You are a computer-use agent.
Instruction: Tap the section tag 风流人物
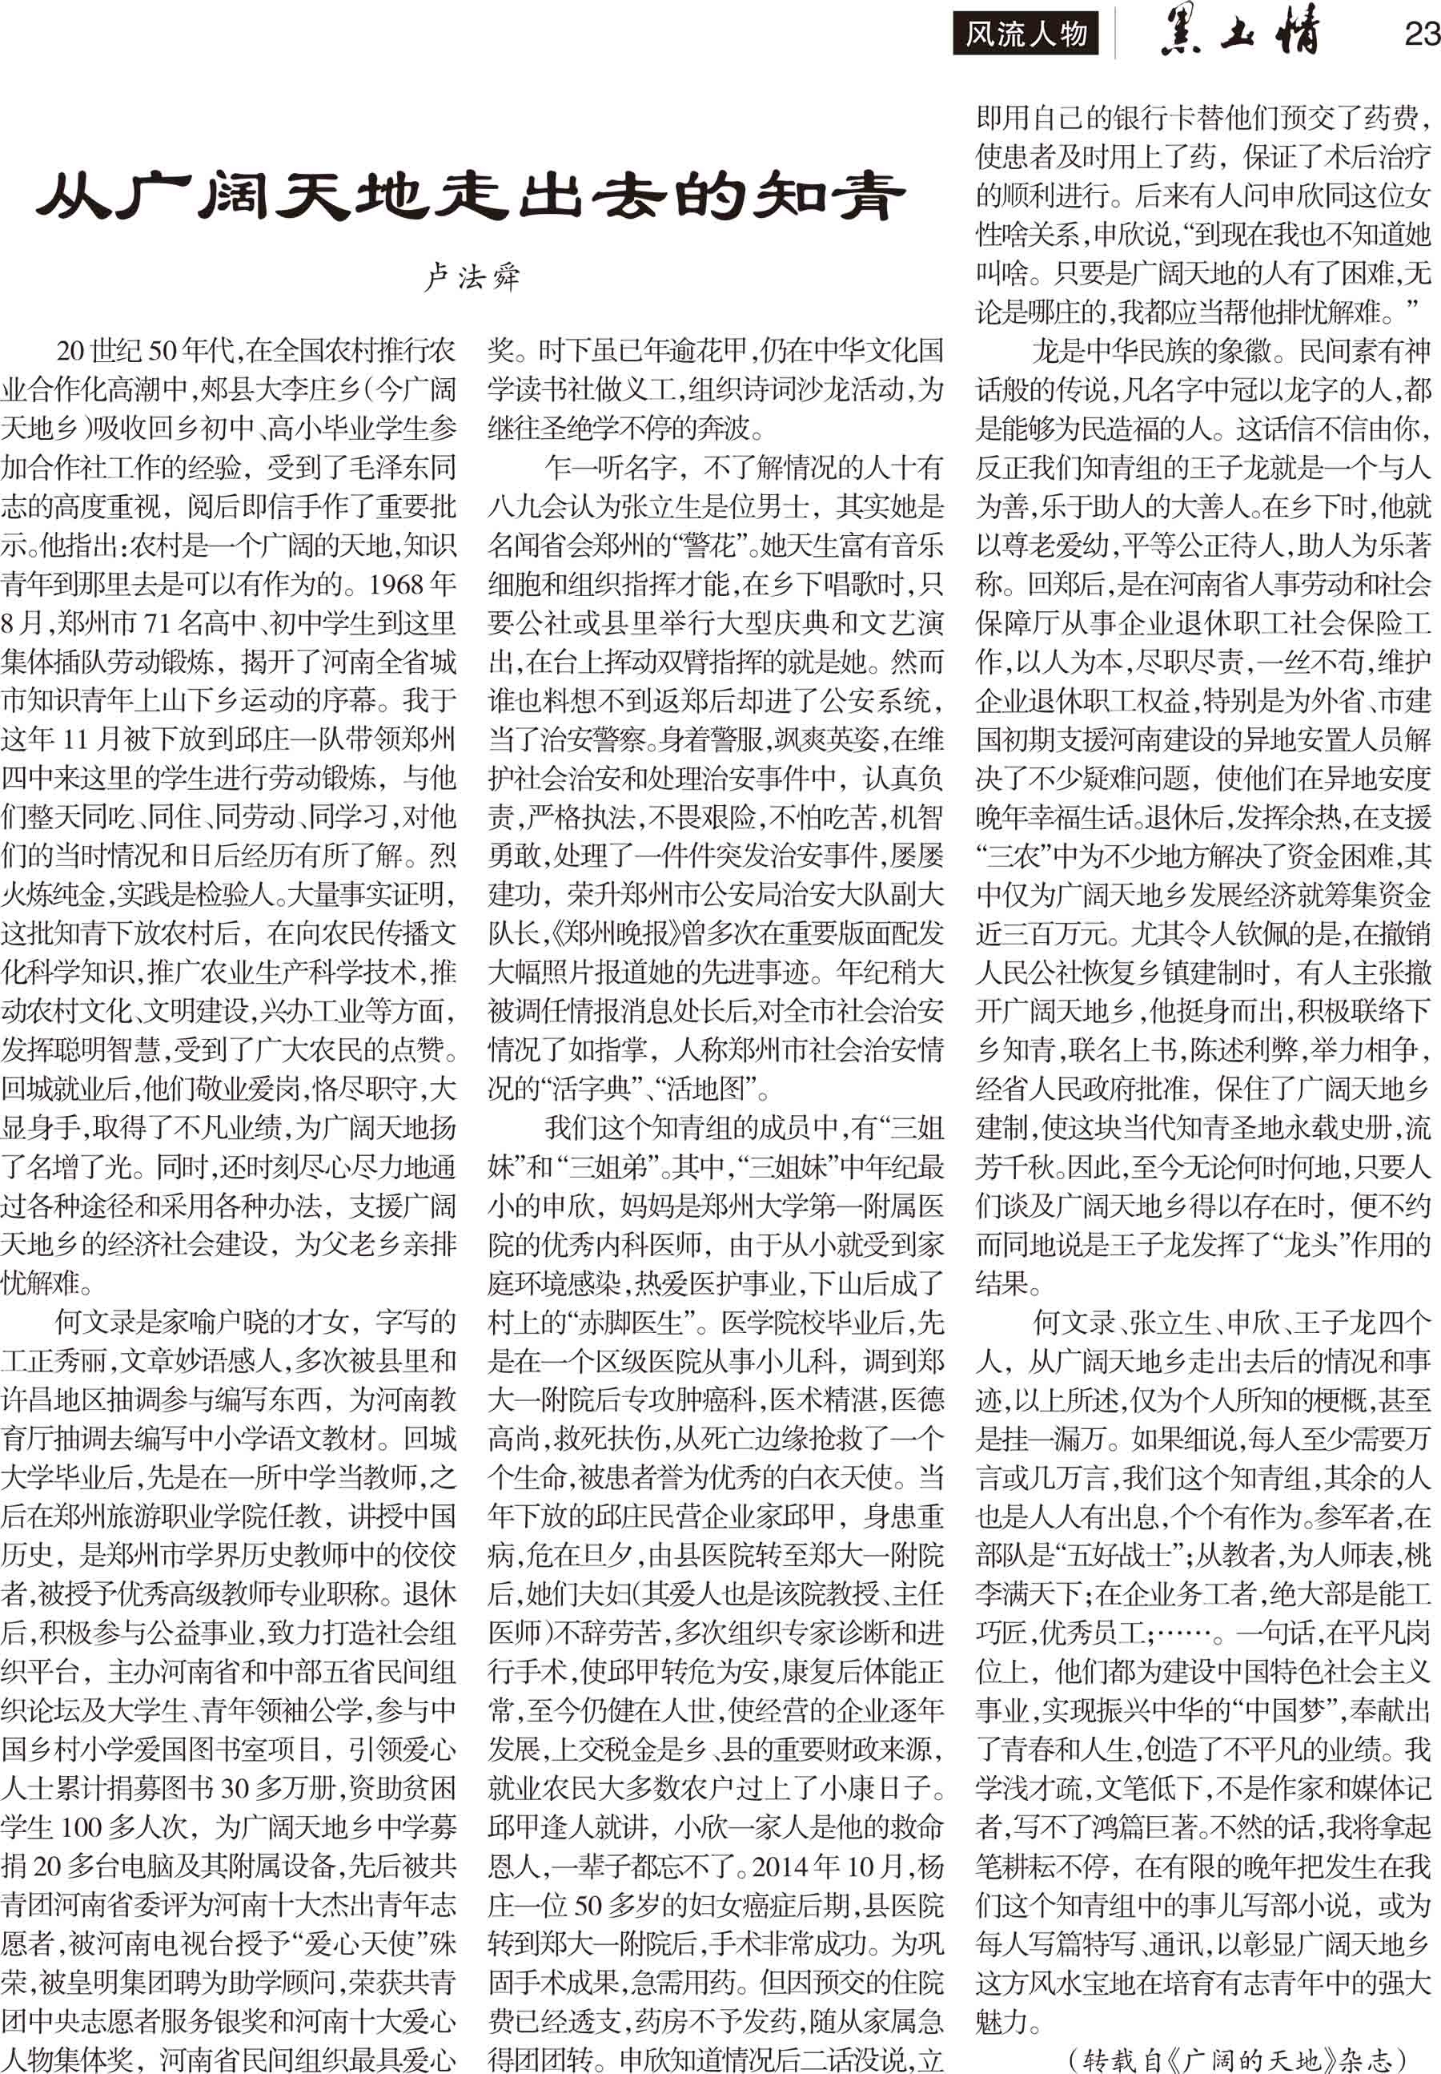(1026, 35)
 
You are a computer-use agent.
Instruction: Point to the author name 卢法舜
(472, 276)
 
